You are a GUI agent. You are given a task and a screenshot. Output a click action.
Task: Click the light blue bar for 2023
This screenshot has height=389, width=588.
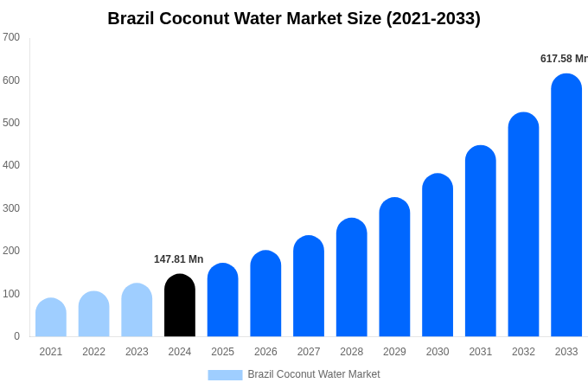[x=137, y=310]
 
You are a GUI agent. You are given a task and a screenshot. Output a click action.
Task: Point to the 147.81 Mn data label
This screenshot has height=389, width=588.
[x=178, y=259]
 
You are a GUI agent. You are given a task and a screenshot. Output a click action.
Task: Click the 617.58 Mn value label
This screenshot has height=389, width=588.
[x=564, y=59]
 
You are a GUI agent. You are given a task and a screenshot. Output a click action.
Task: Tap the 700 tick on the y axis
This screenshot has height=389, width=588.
[x=11, y=37]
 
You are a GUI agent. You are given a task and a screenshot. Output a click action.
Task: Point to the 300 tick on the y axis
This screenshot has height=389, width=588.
[x=11, y=208]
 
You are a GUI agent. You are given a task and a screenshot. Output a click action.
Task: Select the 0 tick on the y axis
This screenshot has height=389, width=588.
[x=16, y=336]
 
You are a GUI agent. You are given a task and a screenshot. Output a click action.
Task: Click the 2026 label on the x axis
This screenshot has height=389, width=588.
[x=265, y=352]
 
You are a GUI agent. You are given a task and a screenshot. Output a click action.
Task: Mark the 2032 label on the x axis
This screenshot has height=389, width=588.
[x=523, y=352]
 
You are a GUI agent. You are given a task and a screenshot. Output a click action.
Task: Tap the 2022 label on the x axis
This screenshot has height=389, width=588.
[x=93, y=352]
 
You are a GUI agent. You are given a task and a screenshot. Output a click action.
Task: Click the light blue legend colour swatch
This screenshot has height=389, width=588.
[x=225, y=374]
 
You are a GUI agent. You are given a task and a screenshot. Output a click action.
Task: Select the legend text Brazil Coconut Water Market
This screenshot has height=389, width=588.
[x=314, y=374]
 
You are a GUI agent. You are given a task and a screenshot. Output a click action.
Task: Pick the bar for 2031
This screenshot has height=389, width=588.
[x=481, y=241]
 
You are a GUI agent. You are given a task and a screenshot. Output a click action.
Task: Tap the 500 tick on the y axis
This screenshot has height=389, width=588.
[x=11, y=123]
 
